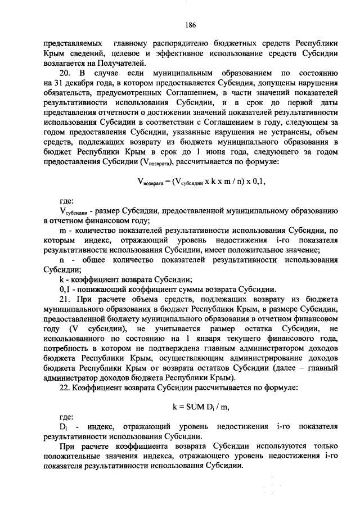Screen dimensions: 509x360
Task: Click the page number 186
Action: (190, 25)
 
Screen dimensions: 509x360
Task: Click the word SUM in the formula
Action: (193, 406)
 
